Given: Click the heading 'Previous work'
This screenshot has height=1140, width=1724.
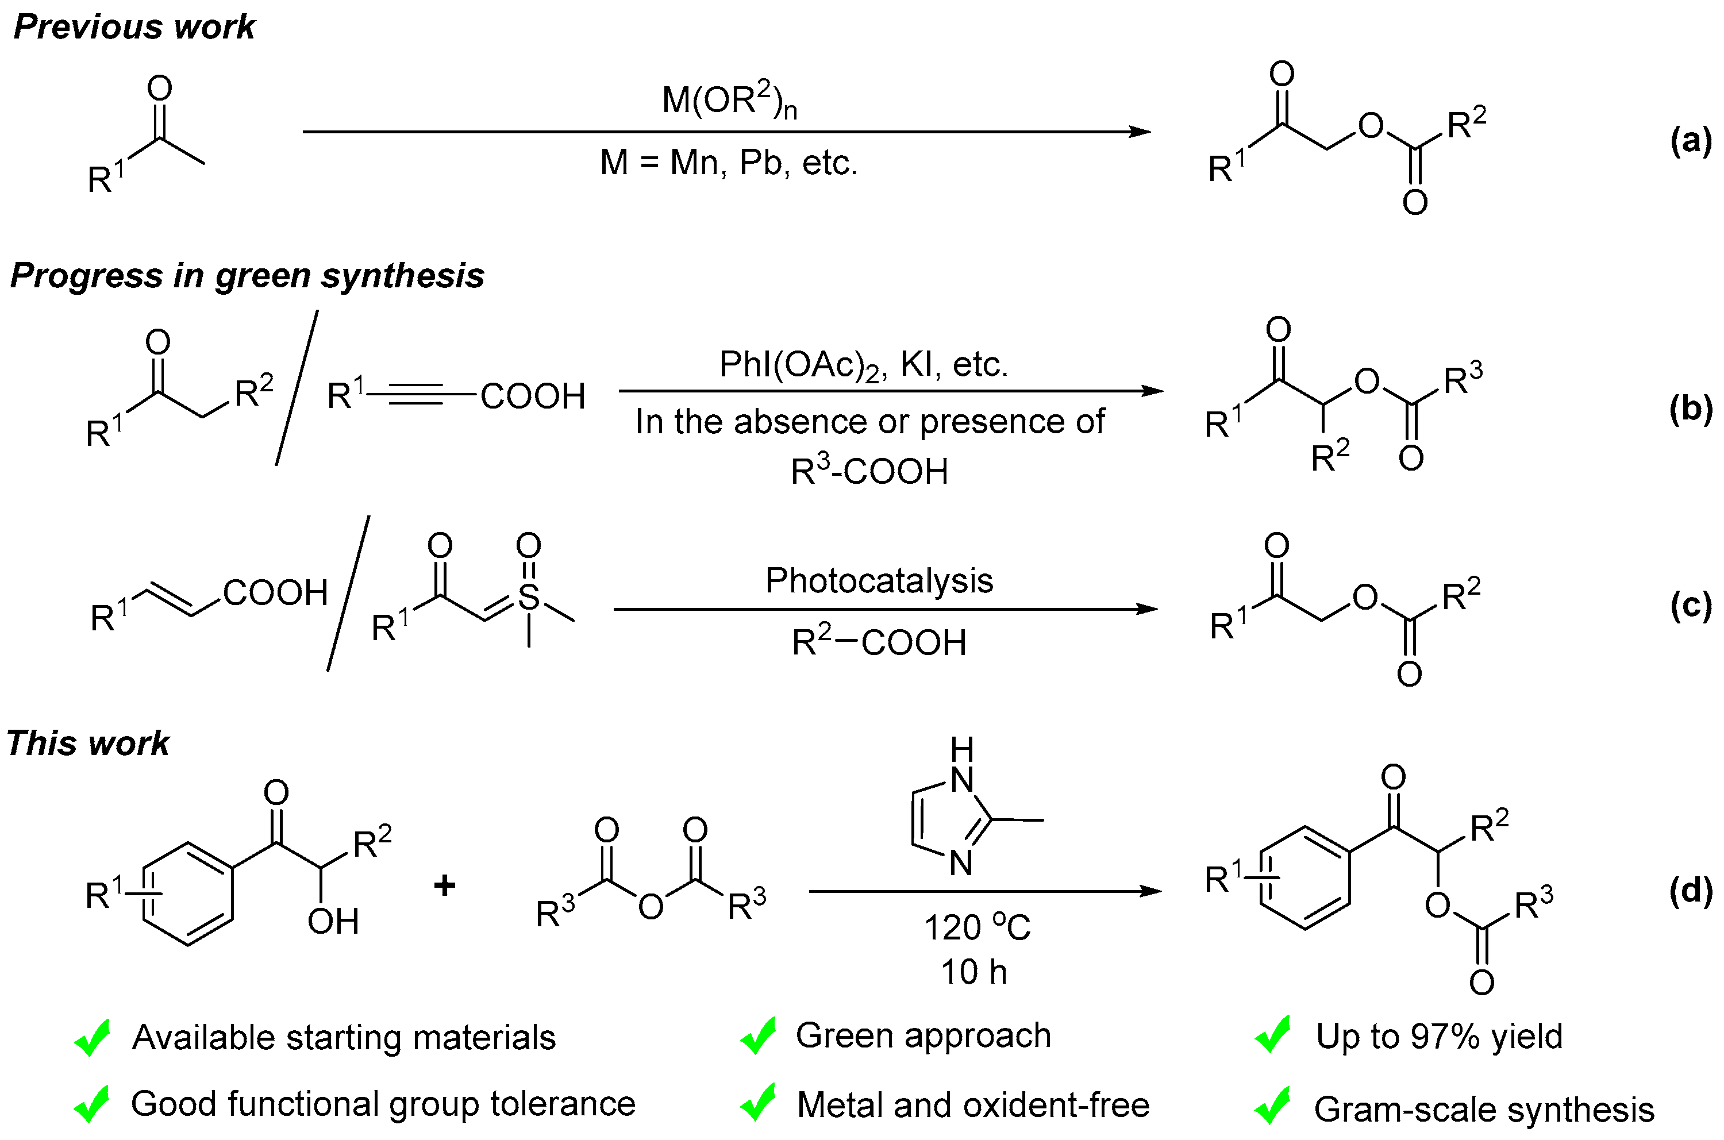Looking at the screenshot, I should click(x=134, y=27).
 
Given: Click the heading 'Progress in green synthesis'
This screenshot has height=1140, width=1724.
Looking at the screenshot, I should click(x=247, y=276).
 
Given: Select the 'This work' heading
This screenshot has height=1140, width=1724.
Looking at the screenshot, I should click(x=88, y=744).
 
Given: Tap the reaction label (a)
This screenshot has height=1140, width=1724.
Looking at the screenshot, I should click(x=1691, y=140).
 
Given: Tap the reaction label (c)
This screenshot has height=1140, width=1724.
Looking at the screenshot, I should click(x=1691, y=606).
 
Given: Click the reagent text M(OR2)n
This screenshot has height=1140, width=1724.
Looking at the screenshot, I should click(x=729, y=101).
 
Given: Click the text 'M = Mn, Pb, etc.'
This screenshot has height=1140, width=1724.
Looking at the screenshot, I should click(x=729, y=162).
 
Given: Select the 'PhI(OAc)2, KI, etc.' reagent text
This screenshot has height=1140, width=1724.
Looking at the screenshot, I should click(x=863, y=365).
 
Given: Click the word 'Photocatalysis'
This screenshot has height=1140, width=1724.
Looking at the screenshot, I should click(x=879, y=581).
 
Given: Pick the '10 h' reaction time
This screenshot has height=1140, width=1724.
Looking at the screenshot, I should click(x=973, y=973).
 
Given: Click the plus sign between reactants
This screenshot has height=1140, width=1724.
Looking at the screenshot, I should click(x=444, y=885).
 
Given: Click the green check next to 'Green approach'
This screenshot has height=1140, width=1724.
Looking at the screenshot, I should click(x=757, y=1036).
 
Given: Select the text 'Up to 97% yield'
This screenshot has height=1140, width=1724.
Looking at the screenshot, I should click(x=1439, y=1037).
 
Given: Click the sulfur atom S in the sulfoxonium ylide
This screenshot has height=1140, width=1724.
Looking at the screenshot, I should click(x=529, y=598).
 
